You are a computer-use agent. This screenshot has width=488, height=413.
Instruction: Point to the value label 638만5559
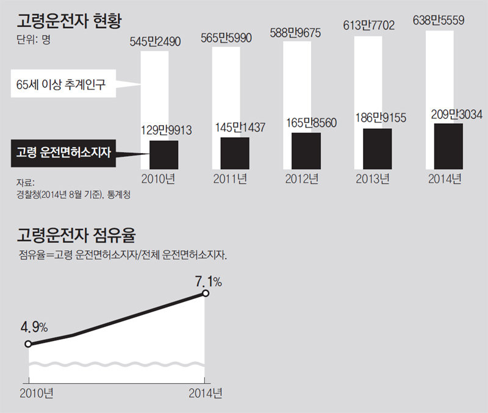[439, 20]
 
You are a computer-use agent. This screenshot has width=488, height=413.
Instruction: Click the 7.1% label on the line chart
[208, 281]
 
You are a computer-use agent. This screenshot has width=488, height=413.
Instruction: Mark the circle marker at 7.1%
[206, 293]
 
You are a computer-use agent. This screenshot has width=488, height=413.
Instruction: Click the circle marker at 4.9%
[28, 344]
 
